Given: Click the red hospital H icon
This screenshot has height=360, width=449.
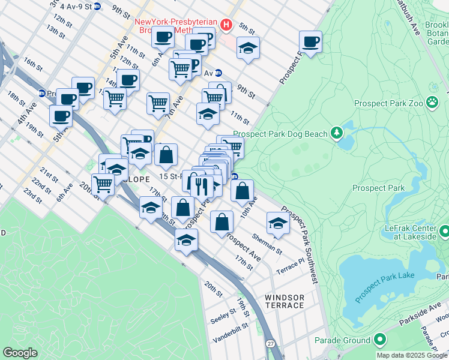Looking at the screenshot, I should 226,25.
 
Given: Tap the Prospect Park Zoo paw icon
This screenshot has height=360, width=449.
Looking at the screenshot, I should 432,102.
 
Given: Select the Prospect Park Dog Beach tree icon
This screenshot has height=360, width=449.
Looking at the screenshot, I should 337,133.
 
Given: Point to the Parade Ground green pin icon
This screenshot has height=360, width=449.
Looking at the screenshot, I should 379,340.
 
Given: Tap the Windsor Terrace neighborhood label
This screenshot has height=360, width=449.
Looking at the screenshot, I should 284,301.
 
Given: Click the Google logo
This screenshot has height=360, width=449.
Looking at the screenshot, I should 20,353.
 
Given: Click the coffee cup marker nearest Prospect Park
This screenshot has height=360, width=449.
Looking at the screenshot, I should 310,42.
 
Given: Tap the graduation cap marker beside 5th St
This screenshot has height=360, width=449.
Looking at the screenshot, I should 248,49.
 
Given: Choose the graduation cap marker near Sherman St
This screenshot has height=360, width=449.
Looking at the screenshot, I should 277,223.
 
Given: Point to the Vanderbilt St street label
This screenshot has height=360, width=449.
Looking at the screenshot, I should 231,334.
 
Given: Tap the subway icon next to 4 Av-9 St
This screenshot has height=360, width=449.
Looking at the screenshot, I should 98,7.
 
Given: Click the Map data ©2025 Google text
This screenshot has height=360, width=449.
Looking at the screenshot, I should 412,355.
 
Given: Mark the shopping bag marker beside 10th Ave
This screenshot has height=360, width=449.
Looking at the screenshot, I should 242,191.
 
